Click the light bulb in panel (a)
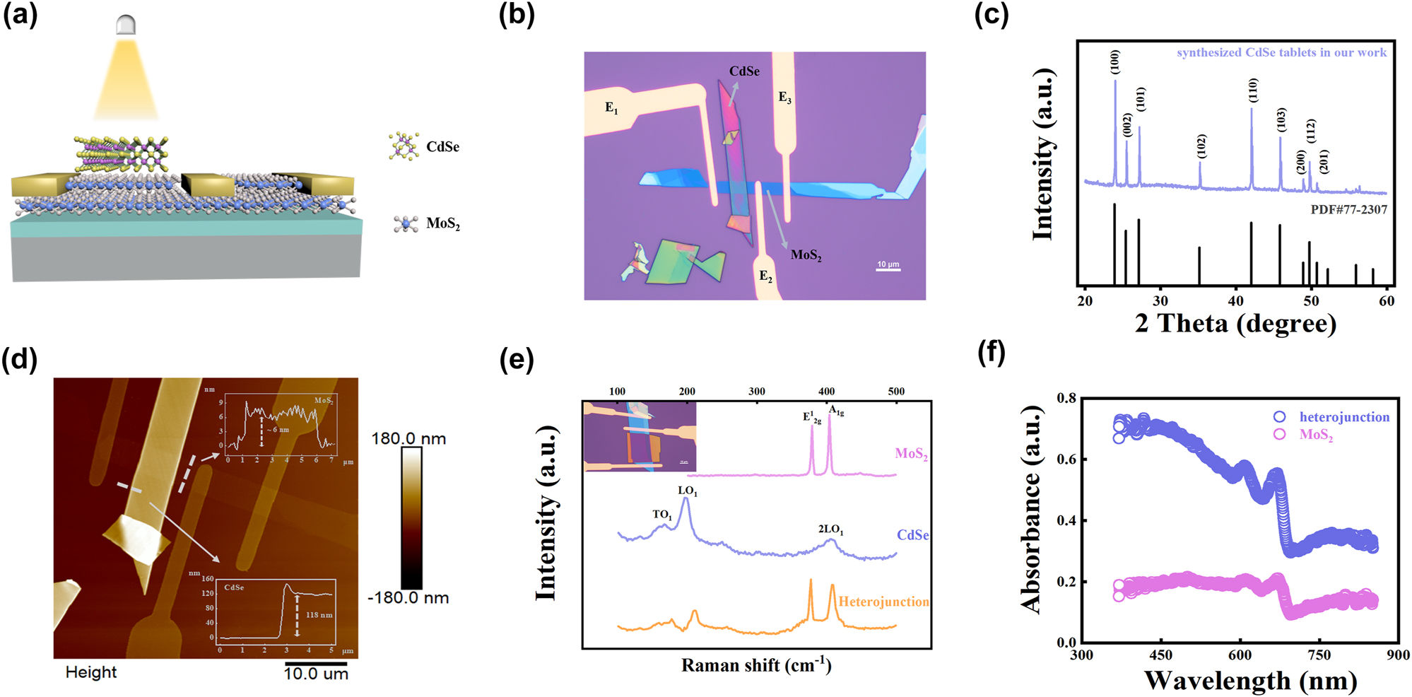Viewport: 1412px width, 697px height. coord(125,25)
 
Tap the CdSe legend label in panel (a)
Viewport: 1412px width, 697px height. coord(442,147)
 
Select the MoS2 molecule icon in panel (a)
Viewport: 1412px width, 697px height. coord(406,224)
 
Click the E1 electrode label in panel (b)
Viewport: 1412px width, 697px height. coord(611,108)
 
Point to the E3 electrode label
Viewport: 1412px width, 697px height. coord(784,98)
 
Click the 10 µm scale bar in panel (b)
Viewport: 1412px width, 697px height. coord(888,269)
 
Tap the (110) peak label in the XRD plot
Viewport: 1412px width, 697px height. coord(1253,90)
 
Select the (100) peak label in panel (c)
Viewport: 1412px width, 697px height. coord(1115,62)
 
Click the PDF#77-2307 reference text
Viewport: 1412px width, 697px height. coord(1348,210)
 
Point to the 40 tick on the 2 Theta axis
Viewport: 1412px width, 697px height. coord(1235,301)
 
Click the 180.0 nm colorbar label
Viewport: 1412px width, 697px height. coord(408,439)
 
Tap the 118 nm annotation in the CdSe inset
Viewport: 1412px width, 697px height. coord(319,615)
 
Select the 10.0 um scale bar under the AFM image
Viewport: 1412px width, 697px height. coord(316,664)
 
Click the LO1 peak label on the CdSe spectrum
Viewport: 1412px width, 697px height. coord(687,491)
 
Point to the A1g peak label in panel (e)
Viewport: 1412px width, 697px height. coord(835,411)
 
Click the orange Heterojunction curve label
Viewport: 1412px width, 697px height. coord(883,602)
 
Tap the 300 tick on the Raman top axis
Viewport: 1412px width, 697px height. coord(756,391)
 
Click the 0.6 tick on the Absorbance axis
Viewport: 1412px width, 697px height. coord(1066,459)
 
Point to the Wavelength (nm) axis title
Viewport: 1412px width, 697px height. coord(1250,681)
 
